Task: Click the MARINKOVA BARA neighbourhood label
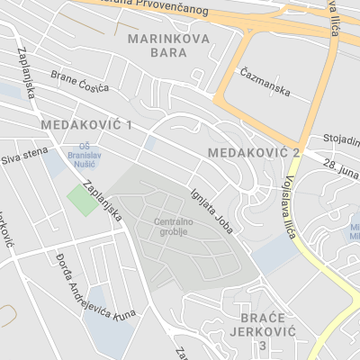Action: point(170,46)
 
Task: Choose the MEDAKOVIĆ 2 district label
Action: point(253,153)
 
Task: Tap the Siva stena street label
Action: point(22,159)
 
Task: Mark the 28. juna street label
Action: point(342,168)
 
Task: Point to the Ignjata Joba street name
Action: point(212,210)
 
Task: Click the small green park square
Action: point(83,199)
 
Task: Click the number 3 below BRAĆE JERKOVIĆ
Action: point(263,346)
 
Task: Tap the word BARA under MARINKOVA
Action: point(170,53)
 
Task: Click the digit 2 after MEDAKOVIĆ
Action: point(295,153)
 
